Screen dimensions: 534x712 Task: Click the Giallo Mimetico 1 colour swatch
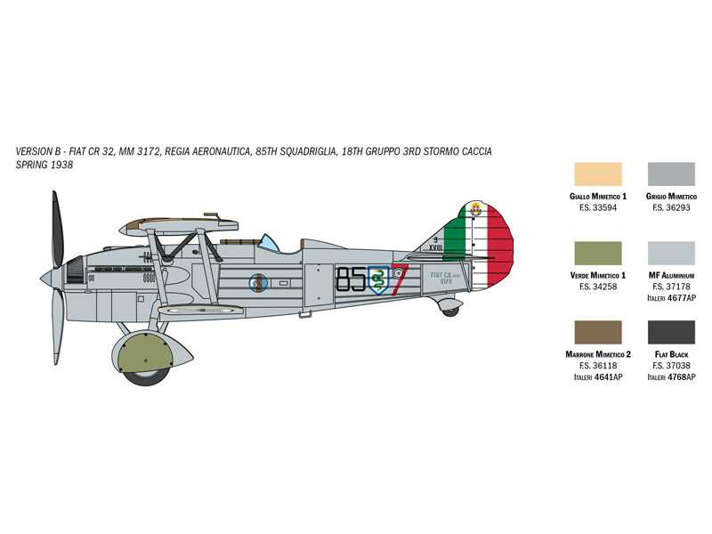(598, 174)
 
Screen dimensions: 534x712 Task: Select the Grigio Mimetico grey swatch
(671, 174)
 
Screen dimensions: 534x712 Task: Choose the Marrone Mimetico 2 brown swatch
(598, 332)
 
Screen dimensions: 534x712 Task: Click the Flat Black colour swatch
(671, 332)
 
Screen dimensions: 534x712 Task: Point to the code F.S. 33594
(598, 207)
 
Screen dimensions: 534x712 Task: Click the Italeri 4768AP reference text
(671, 377)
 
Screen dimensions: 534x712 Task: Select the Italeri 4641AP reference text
(598, 377)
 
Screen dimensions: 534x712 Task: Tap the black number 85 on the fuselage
(352, 279)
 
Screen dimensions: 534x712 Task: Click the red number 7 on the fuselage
(399, 279)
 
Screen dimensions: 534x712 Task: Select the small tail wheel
(450, 310)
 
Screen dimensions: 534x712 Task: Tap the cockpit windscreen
(267, 241)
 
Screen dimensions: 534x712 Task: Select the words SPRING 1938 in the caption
(44, 166)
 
